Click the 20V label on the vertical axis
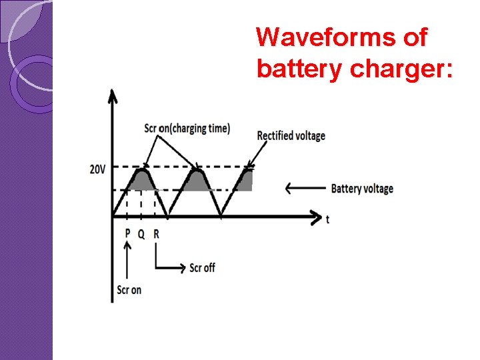97,169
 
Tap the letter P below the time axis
127,234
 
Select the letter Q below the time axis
141,234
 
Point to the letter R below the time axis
156,234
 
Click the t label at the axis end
327,219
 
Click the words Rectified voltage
291,136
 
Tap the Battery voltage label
362,189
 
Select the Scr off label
202,267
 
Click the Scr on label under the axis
129,290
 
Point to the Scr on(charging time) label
187,128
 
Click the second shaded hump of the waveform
196,181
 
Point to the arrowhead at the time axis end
316,216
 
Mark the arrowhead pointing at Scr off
181,267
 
